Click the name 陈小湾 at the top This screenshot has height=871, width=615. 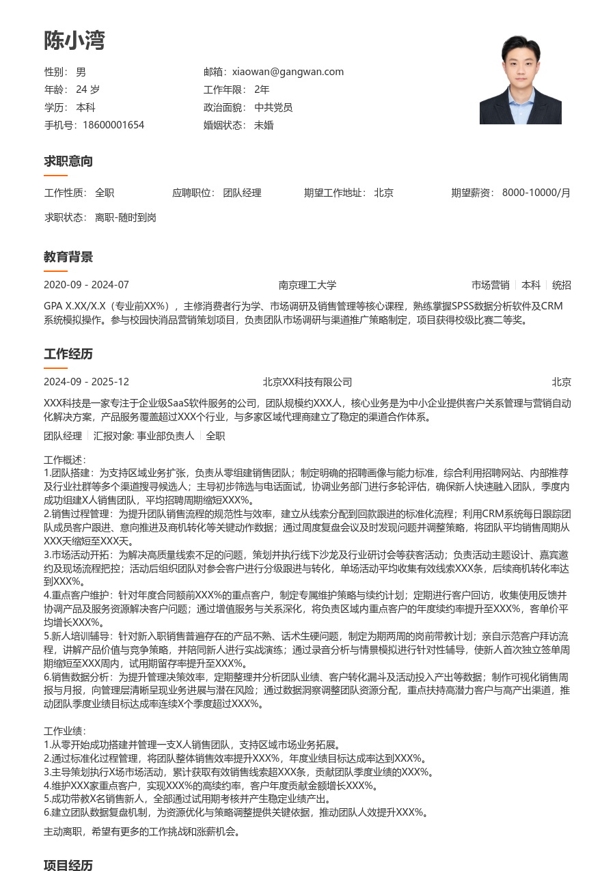click(74, 40)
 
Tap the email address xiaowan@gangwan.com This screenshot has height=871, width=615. click(288, 72)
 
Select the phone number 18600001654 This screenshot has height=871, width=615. click(113, 125)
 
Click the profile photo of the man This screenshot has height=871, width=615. click(520, 80)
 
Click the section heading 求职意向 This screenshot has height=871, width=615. click(68, 161)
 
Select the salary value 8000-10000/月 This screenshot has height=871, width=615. click(536, 193)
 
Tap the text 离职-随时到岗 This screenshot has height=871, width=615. click(126, 217)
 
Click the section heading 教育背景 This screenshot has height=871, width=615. click(68, 257)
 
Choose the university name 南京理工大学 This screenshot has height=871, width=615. click(307, 285)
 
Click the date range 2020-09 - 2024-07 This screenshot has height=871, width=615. click(86, 285)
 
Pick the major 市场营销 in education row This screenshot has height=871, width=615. click(490, 285)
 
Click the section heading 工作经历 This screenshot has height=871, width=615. click(68, 354)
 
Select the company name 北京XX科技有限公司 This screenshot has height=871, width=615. click(307, 382)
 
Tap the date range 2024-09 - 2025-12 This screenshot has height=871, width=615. click(86, 382)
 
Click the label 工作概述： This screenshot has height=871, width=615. click(66, 460)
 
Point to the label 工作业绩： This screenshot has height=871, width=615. click(66, 732)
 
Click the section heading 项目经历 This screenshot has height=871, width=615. click(68, 865)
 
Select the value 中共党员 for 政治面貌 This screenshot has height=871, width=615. click(273, 107)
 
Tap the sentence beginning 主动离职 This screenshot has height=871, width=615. click(141, 832)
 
